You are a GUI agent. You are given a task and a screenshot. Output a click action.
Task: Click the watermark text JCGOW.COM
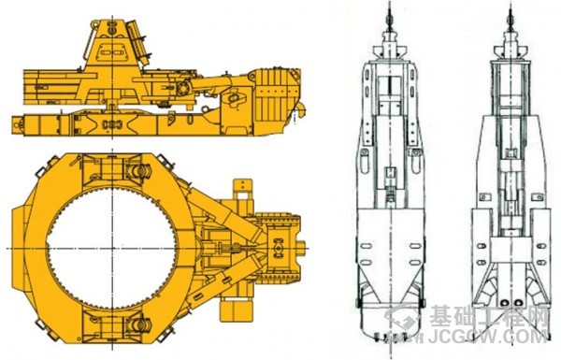(488, 337)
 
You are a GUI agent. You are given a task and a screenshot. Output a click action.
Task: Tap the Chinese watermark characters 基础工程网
(489, 317)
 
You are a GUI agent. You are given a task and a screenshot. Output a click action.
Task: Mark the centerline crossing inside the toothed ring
(112, 248)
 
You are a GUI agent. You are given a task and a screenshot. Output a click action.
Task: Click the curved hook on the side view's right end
(302, 108)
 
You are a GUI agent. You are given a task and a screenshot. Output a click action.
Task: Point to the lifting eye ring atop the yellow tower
(94, 24)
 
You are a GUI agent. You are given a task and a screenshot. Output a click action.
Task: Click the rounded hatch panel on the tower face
(111, 51)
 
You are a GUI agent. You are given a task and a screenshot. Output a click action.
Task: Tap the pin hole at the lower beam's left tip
(16, 123)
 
